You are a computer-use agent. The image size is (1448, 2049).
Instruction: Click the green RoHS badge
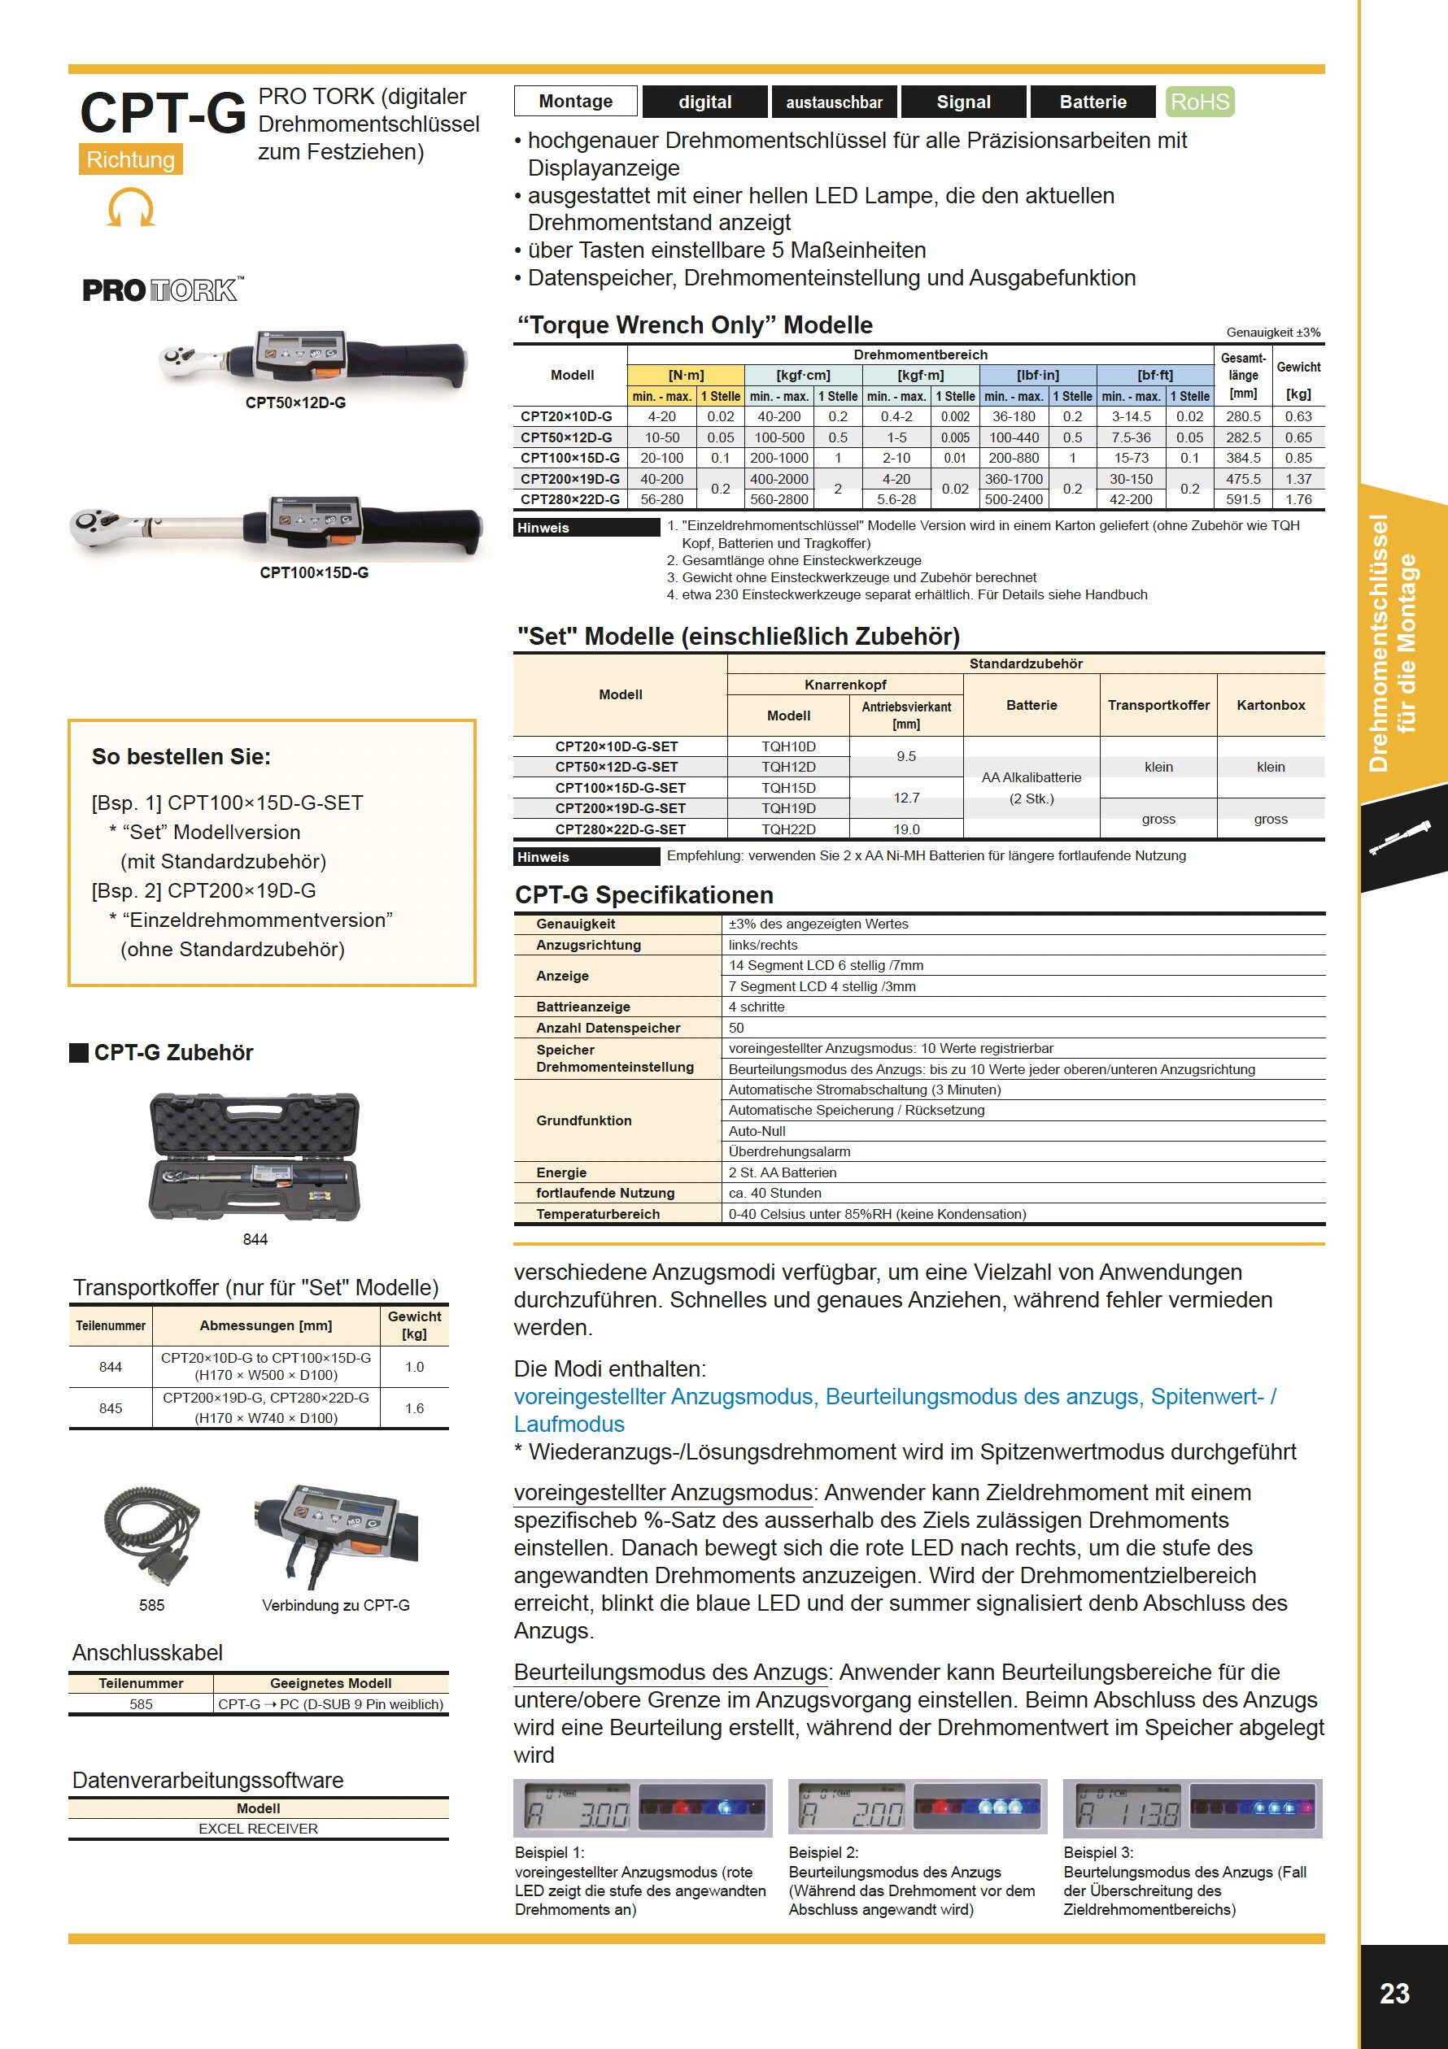1200,102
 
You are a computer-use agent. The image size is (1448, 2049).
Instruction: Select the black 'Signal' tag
963,102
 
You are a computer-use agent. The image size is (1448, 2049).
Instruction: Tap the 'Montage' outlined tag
576,102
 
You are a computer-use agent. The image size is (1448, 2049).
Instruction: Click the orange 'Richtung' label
130,159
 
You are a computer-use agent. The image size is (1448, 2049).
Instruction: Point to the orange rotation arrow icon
131,209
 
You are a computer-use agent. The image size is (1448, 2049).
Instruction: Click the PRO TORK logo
162,290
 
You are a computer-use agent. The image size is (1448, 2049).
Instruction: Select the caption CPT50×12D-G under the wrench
295,402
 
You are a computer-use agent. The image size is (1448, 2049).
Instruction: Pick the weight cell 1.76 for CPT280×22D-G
1298,500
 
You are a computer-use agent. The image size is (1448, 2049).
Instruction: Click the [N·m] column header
686,375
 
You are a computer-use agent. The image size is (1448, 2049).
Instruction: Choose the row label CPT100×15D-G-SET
621,788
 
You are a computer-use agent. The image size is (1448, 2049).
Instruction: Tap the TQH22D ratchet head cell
788,829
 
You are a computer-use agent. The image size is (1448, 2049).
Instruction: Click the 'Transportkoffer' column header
1158,705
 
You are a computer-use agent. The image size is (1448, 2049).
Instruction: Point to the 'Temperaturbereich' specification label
598,1214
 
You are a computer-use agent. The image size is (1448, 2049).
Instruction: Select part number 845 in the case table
111,1408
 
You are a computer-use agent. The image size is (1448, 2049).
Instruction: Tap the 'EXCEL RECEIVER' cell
258,1829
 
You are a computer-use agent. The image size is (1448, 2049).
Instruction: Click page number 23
1394,1994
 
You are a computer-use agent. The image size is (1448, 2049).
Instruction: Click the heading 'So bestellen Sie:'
181,757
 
